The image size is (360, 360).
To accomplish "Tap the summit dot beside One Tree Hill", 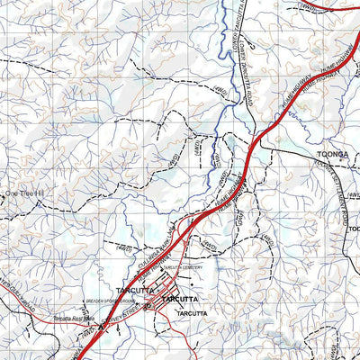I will pos(3,193).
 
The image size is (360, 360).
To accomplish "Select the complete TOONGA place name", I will pos(330,155).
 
